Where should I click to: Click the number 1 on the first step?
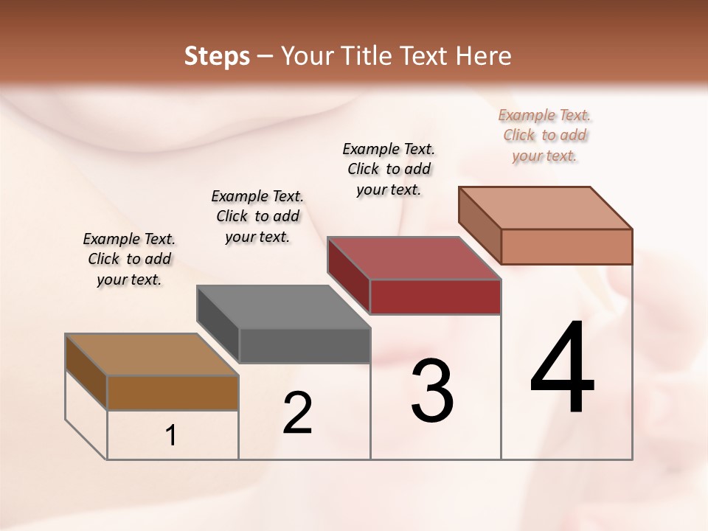coord(171,436)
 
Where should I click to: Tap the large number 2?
coord(298,413)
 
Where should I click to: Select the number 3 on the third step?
coord(432,391)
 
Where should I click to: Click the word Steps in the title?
coord(217,56)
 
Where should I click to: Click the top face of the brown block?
coord(152,355)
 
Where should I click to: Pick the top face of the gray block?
coord(283,307)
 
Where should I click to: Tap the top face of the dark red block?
coord(414,258)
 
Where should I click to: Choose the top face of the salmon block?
coord(546,208)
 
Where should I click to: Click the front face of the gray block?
coord(305,345)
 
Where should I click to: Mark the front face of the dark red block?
coord(435,296)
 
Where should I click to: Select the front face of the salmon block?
coord(566,246)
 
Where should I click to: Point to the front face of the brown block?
coord(173,392)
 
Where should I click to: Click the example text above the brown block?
coord(129,259)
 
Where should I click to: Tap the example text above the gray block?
coord(257,216)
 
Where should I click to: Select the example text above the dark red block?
coord(389,169)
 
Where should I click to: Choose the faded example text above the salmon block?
coord(545,135)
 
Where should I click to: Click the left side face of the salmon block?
coord(479,224)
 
